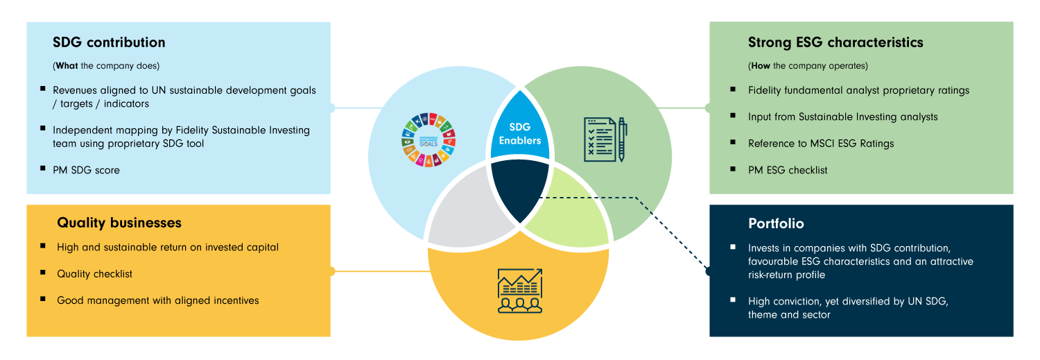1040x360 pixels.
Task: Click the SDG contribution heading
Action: tap(109, 42)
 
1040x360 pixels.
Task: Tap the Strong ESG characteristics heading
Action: tap(835, 42)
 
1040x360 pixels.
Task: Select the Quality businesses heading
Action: tap(119, 223)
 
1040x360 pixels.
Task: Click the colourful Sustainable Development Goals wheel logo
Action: tap(427, 139)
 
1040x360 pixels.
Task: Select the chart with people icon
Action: tap(519, 291)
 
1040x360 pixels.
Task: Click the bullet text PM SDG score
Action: tap(86, 170)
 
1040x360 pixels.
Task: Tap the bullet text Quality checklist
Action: tap(94, 274)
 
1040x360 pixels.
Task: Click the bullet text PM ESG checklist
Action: tap(788, 170)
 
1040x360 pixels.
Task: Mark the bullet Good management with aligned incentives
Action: tap(157, 300)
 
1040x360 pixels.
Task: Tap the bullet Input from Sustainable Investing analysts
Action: tap(842, 117)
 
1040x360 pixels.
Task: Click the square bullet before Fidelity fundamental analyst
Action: tap(734, 89)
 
